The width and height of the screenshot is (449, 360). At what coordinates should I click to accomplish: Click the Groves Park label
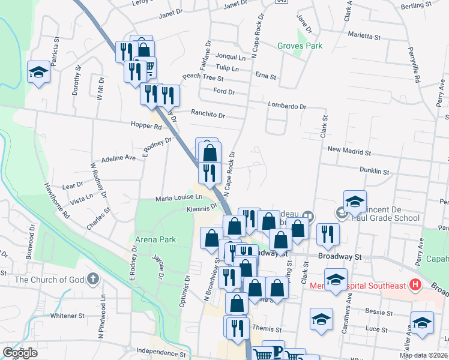[x=300, y=46]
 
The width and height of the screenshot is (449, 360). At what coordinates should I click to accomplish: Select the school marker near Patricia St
[x=39, y=73]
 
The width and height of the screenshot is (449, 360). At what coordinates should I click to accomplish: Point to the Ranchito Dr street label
[x=208, y=114]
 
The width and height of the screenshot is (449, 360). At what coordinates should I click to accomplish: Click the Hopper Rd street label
[x=145, y=127]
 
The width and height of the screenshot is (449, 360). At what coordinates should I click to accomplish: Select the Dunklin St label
[x=375, y=170]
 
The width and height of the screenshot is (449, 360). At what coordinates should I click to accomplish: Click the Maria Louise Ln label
[x=179, y=197]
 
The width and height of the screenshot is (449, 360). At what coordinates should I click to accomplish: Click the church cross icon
[x=92, y=278]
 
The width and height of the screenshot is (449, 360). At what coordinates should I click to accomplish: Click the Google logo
[x=20, y=353]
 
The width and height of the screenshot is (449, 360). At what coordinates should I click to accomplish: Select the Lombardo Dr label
[x=287, y=106]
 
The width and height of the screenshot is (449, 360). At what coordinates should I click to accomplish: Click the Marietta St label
[x=378, y=34]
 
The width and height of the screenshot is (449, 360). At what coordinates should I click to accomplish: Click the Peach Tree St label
[x=203, y=77]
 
